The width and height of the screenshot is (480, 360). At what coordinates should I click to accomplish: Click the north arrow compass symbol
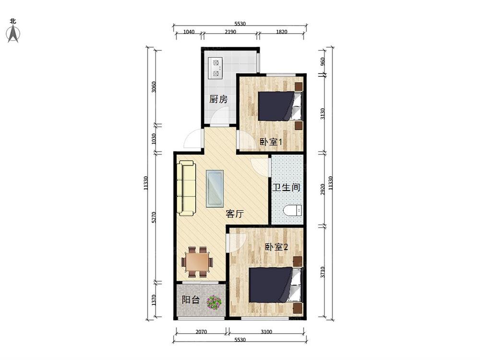point(13,34)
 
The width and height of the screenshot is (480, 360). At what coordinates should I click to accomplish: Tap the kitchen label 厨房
point(218,99)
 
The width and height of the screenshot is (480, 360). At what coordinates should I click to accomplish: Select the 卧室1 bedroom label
point(271,142)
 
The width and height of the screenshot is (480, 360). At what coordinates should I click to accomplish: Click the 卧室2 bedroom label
point(276,247)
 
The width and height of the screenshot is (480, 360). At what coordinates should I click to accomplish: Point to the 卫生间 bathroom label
point(286,187)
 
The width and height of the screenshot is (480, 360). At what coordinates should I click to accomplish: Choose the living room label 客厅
point(235,214)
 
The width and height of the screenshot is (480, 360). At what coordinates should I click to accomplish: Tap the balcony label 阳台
point(191,300)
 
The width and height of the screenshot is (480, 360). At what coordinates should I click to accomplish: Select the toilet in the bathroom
point(293,211)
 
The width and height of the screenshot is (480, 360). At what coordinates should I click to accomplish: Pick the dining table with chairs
point(197,262)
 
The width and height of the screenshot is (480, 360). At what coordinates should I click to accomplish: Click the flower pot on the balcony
point(214,302)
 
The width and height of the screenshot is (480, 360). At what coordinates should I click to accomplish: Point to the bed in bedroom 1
point(280,106)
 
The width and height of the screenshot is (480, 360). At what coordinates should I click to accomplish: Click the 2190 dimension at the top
point(230,32)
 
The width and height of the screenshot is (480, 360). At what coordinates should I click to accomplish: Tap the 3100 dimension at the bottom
point(266,332)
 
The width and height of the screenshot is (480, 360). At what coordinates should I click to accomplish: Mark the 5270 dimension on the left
point(154,217)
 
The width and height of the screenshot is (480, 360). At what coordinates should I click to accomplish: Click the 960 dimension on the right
point(323,61)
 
